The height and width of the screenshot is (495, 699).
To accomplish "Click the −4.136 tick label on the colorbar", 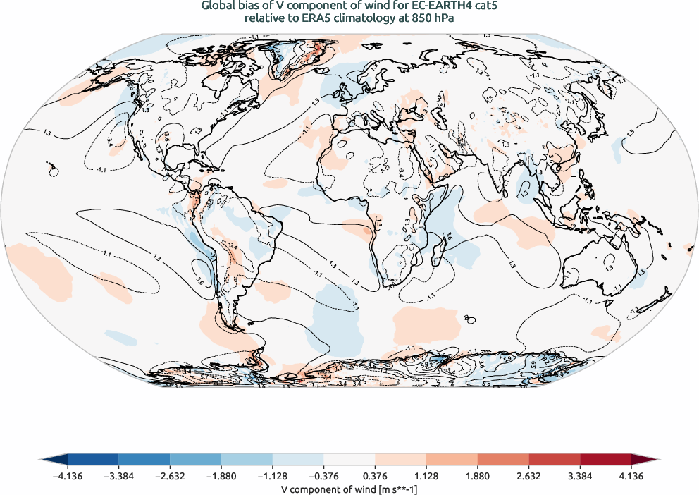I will (68, 476).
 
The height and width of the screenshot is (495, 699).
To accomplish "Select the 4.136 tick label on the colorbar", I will (631, 476).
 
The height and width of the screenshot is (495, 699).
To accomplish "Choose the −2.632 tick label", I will (170, 476).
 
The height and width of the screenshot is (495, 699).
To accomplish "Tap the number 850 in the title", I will (415, 19).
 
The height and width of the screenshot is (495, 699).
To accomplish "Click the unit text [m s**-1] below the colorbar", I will (392, 488).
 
